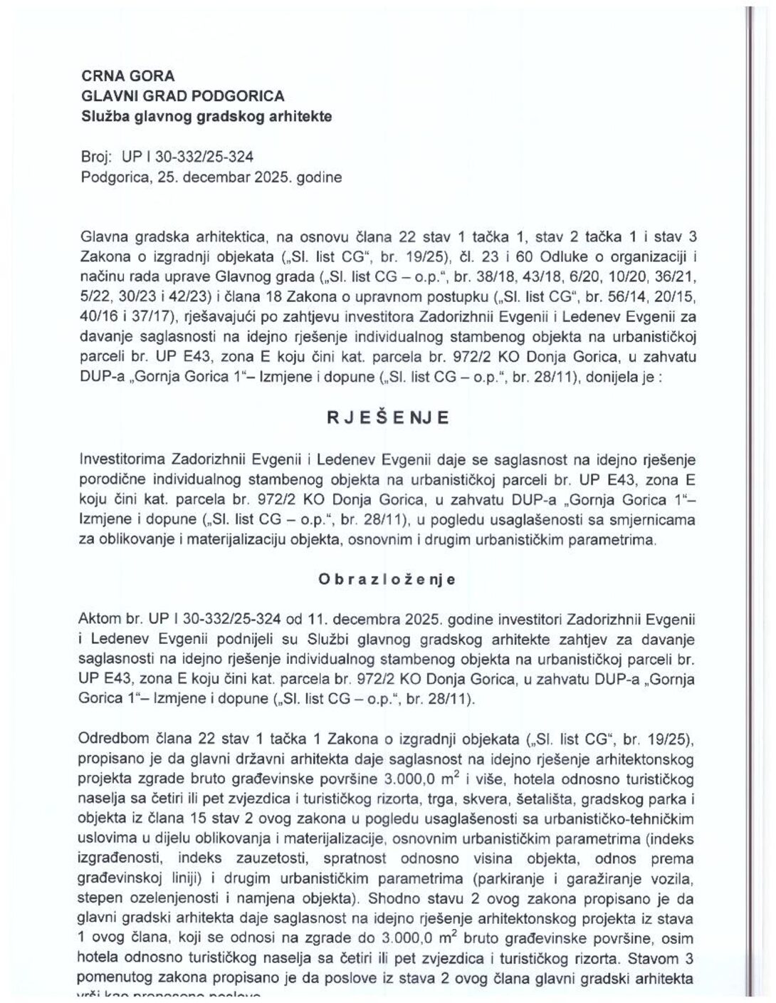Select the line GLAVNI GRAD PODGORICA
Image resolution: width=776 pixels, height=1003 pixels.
(x=183, y=95)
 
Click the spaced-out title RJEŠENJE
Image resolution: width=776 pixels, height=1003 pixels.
(x=388, y=419)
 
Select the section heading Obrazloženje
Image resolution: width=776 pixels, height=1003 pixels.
(x=387, y=579)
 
